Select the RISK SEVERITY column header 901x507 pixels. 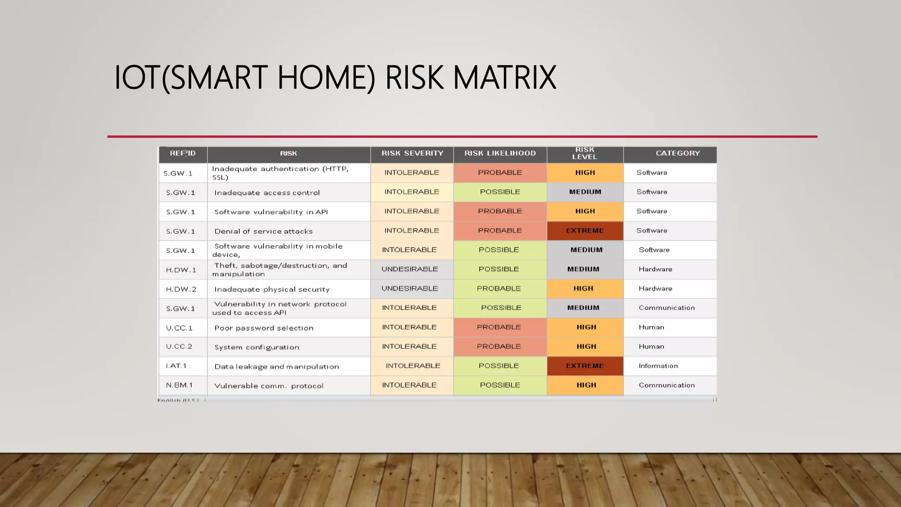[x=412, y=153]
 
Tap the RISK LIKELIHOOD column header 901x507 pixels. [x=500, y=153]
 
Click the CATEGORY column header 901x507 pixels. [x=678, y=153]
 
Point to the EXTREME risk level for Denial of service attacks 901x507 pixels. [x=585, y=231]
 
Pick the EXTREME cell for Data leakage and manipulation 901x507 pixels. [x=585, y=366]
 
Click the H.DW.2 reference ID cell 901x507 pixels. [x=181, y=289]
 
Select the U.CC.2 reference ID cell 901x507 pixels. [x=179, y=346]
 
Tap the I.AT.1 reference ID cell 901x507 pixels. [x=176, y=366]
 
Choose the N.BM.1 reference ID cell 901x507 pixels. [x=179, y=385]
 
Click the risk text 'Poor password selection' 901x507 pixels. [x=264, y=328]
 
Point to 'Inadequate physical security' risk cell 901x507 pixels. [x=272, y=289]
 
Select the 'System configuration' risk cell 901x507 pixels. [x=257, y=347]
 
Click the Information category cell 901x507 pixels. [x=658, y=366]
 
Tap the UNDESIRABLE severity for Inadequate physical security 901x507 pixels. [x=410, y=288]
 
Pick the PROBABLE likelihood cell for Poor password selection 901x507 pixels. [x=499, y=327]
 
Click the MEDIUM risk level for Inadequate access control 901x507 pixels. [x=585, y=192]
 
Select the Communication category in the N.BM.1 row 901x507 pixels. [x=667, y=385]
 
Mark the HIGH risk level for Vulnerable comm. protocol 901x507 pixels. [x=586, y=385]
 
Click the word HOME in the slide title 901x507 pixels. [x=326, y=77]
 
